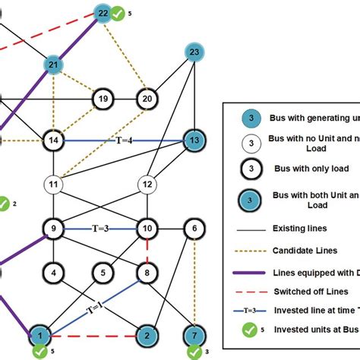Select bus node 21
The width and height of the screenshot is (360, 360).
pos(54,65)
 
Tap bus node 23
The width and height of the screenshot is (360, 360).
pos(194,52)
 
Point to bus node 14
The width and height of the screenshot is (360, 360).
pos(54,141)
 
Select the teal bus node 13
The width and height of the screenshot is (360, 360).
pos(194,141)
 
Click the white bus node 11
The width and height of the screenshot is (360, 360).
pos(54,185)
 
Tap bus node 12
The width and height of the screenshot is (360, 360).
pos(147,185)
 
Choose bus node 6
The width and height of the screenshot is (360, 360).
pos(194,228)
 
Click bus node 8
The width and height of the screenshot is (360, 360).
pos(147,271)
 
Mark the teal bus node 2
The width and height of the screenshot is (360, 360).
pos(147,334)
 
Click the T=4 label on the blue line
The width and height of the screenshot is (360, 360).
pos(124,141)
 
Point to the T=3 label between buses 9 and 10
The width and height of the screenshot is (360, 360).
pos(100,228)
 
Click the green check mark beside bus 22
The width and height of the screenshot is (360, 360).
pos(119,13)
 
